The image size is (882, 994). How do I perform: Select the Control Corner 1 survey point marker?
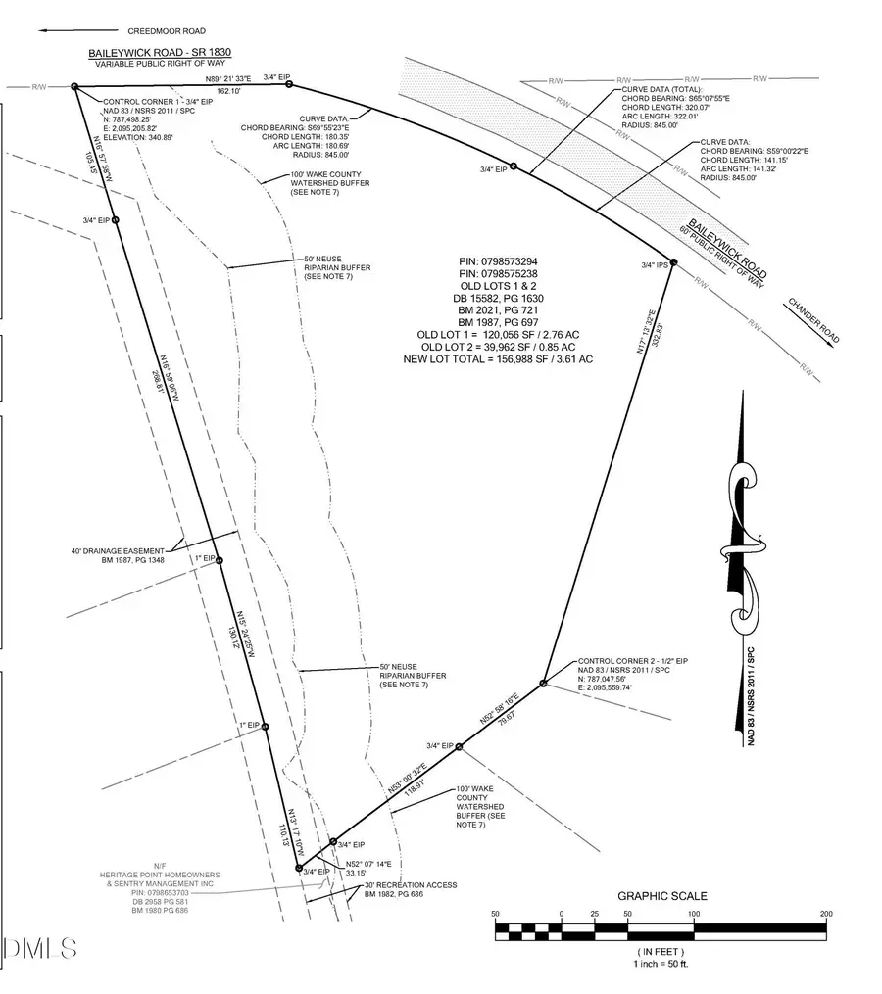pos(74,87)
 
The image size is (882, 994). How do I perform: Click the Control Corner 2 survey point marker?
pos(543,683)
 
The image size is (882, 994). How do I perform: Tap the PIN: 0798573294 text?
pos(500,261)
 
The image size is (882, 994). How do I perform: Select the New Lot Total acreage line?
pos(499,359)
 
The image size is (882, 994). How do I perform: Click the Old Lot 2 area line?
pos(498,347)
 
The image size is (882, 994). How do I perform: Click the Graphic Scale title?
pos(661,896)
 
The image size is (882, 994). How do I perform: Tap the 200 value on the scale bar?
pos(826,914)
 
